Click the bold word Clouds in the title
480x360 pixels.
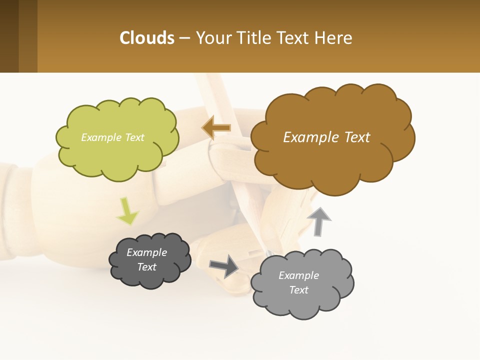click(147, 38)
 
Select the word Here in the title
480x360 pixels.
click(334, 38)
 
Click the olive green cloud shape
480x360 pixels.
click(118, 155)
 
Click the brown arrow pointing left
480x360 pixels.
click(217, 128)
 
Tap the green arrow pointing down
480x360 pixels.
click(127, 211)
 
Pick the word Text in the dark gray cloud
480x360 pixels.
click(146, 267)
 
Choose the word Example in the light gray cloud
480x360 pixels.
click(298, 275)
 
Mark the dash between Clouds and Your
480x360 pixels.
click(184, 38)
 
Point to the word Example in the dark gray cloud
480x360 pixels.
click(146, 252)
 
